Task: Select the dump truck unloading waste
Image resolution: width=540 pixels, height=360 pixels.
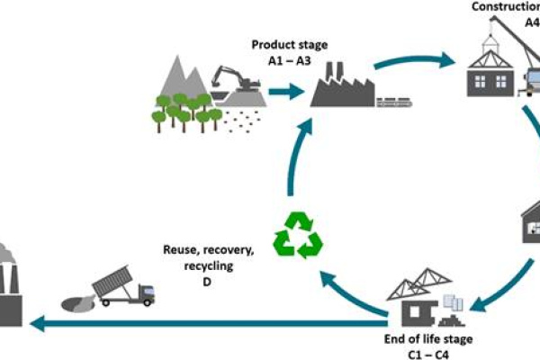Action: pyautogui.click(x=127, y=287)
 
